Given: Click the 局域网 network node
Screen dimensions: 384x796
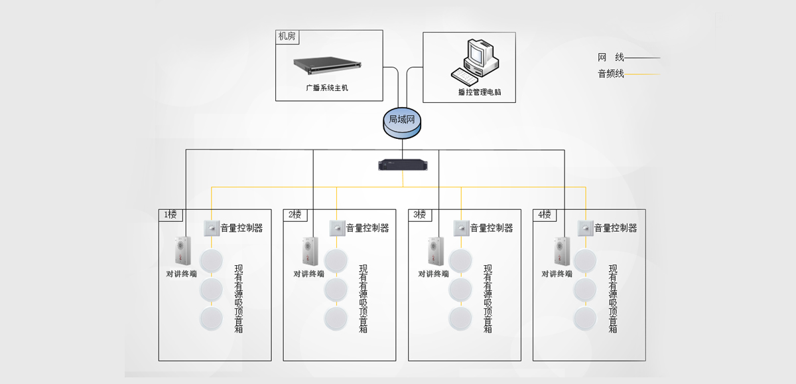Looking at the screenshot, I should coord(401,122).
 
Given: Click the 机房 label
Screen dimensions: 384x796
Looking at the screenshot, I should coord(287,37).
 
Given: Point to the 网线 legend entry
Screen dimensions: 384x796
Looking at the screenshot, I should coord(611,58).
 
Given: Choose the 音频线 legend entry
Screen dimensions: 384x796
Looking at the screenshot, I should coord(611,74).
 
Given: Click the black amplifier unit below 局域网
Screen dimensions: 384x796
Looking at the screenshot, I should coord(401,164).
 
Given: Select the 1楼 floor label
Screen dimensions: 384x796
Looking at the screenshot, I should coord(170,215).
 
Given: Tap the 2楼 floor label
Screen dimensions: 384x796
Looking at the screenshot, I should coord(295,215).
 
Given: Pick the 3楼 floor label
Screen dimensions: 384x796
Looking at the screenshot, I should coord(420,215).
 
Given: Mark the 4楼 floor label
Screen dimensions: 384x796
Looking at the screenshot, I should coord(545,215).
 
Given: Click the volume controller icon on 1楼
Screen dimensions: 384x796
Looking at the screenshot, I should coord(212,228).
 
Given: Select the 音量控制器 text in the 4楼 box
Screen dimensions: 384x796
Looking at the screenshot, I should coord(616,228).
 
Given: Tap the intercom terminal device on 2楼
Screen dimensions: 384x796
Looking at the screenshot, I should coord(310,252).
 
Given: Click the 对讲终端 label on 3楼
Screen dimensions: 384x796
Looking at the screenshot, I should coord(433,274).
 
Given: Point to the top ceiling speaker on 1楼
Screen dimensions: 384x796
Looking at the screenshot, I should coord(212,260).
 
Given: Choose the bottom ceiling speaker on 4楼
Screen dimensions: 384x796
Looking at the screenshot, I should coord(585,318).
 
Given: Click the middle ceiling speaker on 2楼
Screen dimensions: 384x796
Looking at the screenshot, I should coord(336,289).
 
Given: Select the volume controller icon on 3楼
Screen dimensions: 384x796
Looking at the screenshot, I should coord(461,228).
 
